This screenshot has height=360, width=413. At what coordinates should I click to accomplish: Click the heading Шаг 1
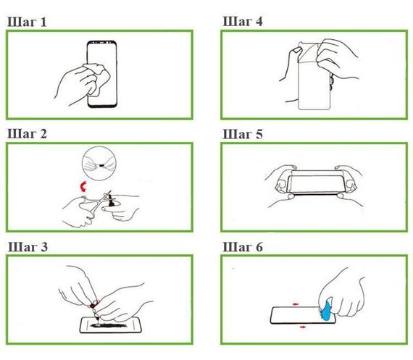pos(27,22)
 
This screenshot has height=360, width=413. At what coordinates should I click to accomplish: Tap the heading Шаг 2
pos(28,134)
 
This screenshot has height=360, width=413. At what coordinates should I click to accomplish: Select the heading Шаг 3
pos(28,247)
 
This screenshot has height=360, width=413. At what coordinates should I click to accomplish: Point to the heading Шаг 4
pos(243,21)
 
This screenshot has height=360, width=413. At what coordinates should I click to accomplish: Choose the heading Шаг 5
pos(243,134)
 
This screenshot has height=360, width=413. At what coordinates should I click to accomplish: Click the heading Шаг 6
pos(243,247)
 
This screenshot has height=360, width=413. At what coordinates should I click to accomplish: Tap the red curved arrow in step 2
pos(83,186)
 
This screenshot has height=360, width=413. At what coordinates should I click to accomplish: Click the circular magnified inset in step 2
pos(99,163)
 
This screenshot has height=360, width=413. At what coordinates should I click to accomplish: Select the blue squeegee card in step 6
pos(327,310)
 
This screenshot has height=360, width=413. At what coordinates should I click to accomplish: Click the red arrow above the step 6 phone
pos(296,304)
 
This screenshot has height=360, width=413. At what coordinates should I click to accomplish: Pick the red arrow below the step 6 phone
pos(303,327)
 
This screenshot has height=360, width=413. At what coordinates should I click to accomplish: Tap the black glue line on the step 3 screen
pos(109,325)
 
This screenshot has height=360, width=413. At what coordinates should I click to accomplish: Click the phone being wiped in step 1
pos(102,74)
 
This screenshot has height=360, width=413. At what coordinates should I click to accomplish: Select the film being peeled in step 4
pos(309,52)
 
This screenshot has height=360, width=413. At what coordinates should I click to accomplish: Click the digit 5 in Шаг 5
pos(259,134)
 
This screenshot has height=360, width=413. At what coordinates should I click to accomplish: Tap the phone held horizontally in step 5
pos(316,183)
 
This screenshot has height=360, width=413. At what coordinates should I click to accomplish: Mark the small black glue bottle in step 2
pos(112,201)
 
